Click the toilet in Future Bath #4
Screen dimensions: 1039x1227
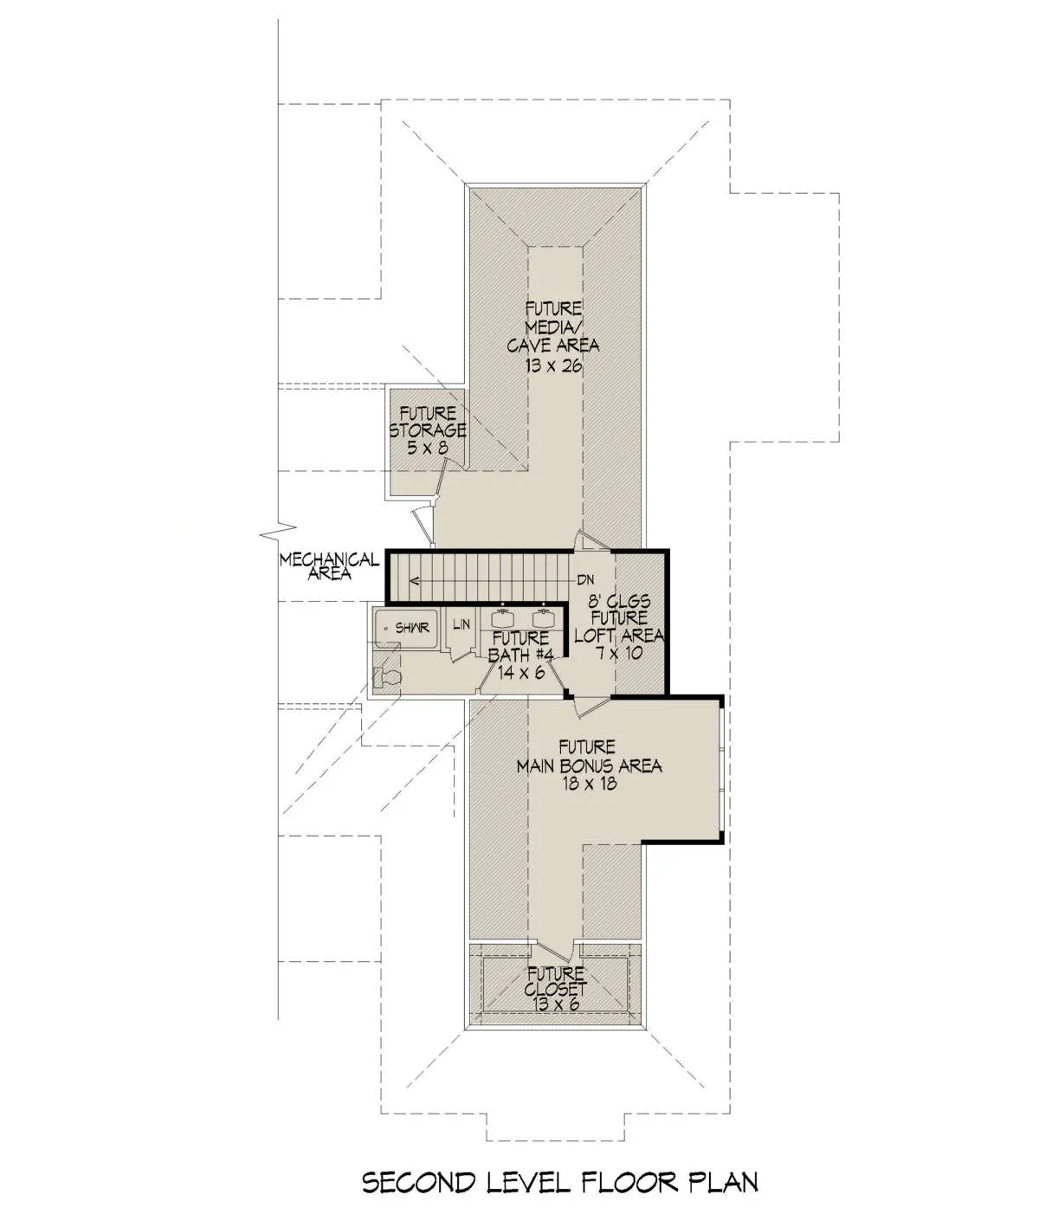[387, 677]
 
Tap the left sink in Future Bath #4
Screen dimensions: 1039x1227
[502, 618]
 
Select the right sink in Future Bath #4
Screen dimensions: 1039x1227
[543, 618]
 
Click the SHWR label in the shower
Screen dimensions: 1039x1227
[412, 628]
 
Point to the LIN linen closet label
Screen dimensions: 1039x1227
[461, 623]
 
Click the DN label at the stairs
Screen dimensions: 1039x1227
[585, 580]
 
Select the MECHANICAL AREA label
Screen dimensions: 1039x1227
[329, 566]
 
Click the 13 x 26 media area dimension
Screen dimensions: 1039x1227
[553, 365]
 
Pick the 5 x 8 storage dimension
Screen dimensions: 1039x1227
[428, 447]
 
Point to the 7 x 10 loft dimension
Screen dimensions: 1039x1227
[619, 653]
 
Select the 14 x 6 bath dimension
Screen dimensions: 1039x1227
[521, 673]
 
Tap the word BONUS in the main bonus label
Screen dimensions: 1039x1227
[592, 765]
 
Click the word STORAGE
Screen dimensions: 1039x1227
[428, 429]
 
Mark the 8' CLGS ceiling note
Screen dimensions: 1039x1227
[619, 600]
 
